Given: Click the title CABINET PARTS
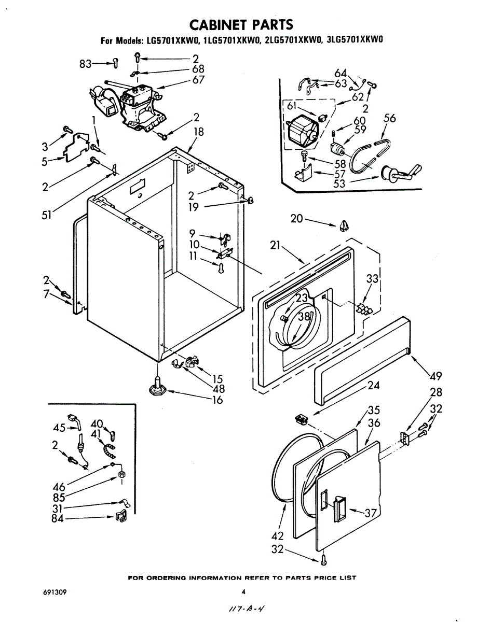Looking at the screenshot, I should coord(241,24).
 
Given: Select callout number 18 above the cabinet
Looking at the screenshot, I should coord(199,132).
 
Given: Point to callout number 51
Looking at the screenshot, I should coord(47,216).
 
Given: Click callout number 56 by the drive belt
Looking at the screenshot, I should coord(389,119).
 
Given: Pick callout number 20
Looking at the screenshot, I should coord(297,218).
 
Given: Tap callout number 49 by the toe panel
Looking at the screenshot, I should coord(435,376).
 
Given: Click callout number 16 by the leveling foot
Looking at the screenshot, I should coord(217,400).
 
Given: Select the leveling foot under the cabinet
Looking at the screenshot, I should coord(157,387).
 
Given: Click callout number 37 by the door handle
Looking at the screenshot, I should coord(371,513).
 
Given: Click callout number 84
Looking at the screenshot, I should coord(58,518).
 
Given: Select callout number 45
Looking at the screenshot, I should coord(59,428).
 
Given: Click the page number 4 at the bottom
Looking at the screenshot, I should coord(243,591).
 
